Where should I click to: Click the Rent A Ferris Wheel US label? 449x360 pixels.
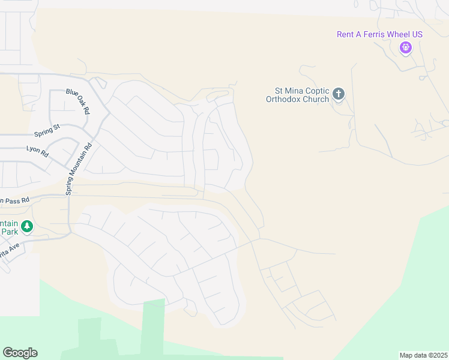point(379,34)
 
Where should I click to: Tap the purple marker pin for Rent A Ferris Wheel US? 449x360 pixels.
point(405,47)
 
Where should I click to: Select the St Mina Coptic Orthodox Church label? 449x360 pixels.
point(298,95)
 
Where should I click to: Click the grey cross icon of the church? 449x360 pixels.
point(339,94)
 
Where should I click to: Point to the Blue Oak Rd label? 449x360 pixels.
point(78,101)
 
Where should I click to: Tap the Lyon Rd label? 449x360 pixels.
point(37,151)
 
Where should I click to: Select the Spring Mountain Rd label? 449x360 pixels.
point(79,169)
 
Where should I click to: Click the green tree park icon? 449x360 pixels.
point(26,226)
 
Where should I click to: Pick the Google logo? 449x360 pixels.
point(20,353)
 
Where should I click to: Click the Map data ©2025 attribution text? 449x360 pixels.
point(423,355)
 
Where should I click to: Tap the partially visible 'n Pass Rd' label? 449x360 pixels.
point(14,200)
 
